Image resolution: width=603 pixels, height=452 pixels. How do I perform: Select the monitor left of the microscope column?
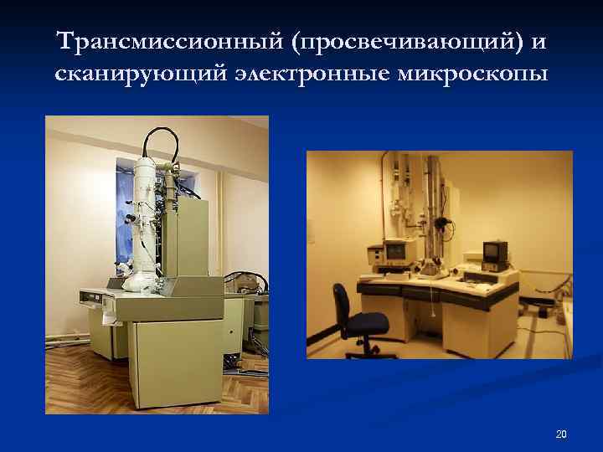[x=394, y=251]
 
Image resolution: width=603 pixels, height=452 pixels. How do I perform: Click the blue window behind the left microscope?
[x=188, y=201]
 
